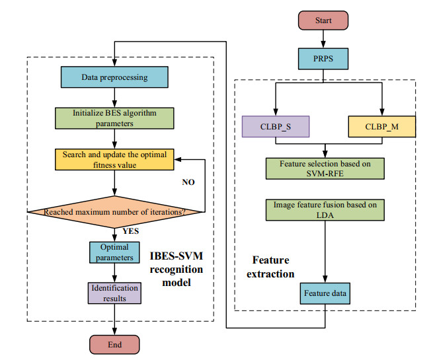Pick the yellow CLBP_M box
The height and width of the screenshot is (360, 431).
click(381, 126)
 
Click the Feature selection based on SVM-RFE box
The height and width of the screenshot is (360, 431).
click(325, 167)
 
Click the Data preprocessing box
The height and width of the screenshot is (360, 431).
click(115, 77)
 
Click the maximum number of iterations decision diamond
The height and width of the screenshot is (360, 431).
click(115, 211)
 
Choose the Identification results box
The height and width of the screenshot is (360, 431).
click(115, 293)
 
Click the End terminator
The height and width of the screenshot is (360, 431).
click(115, 344)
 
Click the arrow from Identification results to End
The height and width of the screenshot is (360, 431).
click(115, 320)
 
